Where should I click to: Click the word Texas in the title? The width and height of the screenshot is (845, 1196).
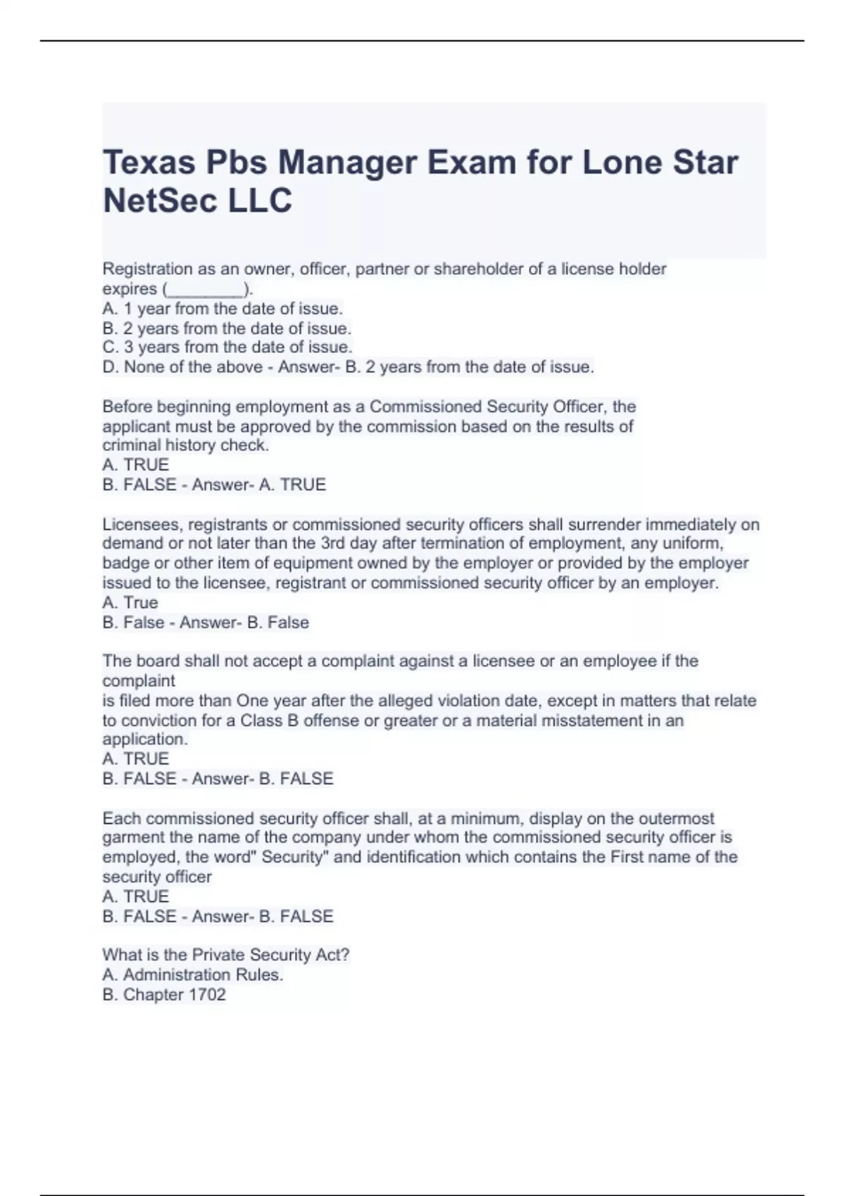(149, 163)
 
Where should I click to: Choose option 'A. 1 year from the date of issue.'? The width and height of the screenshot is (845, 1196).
(223, 308)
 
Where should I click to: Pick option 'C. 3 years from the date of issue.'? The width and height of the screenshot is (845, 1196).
(227, 347)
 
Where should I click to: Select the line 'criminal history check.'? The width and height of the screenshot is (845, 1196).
(185, 445)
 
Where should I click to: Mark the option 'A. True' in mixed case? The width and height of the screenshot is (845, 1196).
(130, 602)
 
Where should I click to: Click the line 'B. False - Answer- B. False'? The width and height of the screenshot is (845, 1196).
(206, 623)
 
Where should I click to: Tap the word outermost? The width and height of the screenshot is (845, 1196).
(676, 818)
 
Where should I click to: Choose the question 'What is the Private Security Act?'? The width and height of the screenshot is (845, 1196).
(225, 955)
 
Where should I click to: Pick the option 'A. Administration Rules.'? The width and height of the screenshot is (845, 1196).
(193, 974)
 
